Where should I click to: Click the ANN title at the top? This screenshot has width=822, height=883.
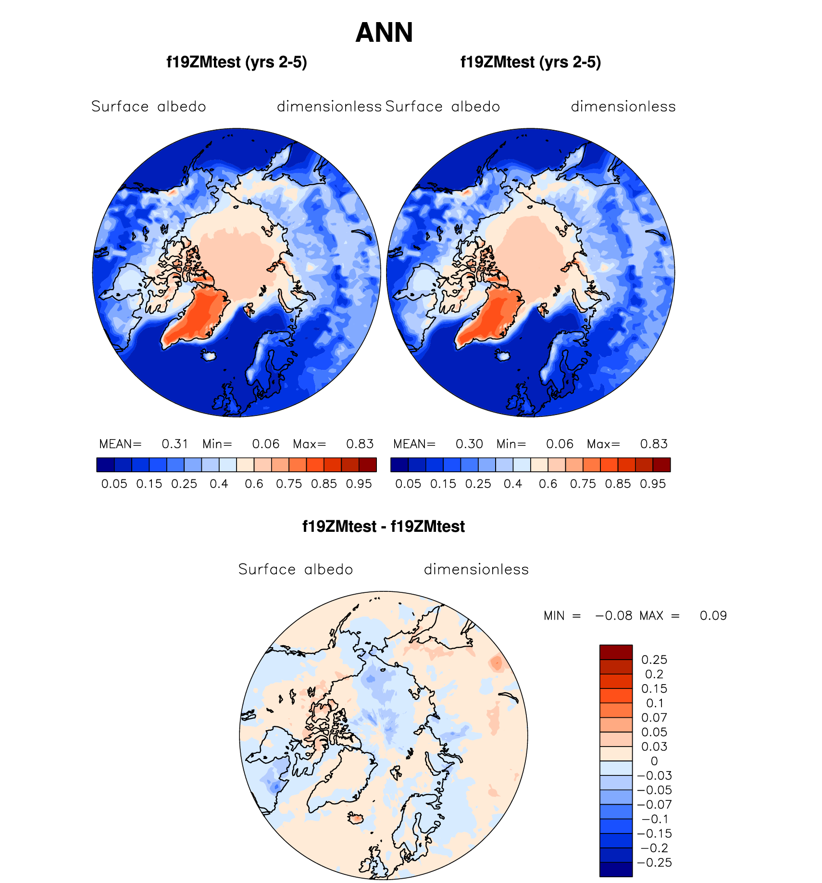[x=384, y=33]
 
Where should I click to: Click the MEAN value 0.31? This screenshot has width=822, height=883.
[x=175, y=444]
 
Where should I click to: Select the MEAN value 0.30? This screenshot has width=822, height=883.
[x=469, y=444]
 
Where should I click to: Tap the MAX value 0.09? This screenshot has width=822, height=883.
[x=713, y=616]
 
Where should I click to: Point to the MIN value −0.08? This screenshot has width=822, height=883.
[x=614, y=616]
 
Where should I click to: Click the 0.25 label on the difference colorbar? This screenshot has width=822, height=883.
[x=654, y=660]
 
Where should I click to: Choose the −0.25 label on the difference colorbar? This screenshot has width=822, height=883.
[x=654, y=862]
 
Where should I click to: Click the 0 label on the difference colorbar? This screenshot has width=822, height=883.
[x=654, y=761]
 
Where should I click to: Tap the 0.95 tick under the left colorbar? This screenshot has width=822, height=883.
[x=359, y=484]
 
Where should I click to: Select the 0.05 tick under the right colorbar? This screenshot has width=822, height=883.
[x=408, y=484]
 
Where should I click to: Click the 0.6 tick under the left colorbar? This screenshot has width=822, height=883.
[x=254, y=484]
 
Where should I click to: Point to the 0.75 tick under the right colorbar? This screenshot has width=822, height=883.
[x=583, y=484]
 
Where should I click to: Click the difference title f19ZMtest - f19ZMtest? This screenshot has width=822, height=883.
[x=384, y=527]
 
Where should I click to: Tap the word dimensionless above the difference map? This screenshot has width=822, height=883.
[x=476, y=569]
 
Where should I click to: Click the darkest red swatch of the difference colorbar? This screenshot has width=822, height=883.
[x=616, y=652]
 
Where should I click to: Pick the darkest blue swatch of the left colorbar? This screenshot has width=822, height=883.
[x=105, y=465]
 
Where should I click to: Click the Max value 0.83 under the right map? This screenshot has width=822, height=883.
[x=654, y=444]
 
